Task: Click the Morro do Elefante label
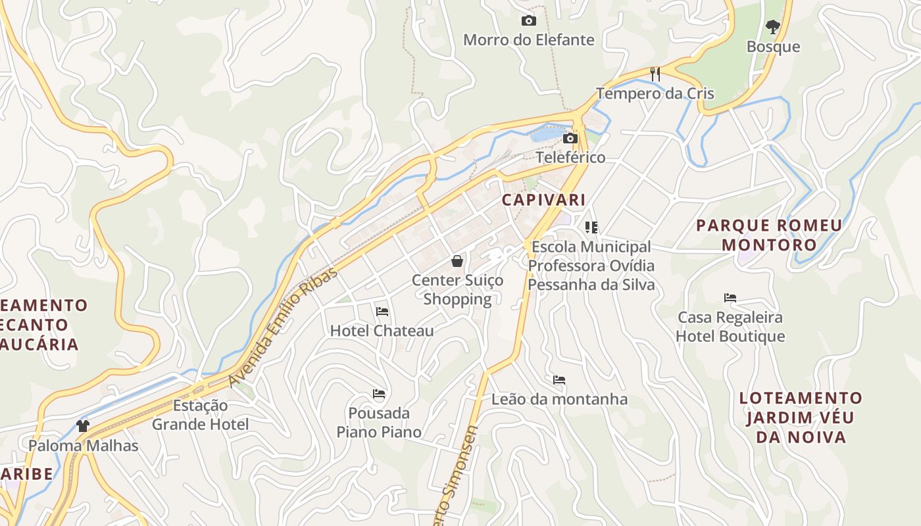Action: click(x=528, y=40)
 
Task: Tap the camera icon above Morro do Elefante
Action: click(x=528, y=21)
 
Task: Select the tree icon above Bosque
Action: click(x=773, y=27)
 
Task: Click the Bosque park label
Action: click(x=773, y=47)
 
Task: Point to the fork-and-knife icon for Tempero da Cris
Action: click(x=655, y=74)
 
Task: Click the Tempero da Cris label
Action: click(x=655, y=93)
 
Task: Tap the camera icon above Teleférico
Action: click(x=570, y=138)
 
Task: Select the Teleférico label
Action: click(x=570, y=158)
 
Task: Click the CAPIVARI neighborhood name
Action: click(x=543, y=199)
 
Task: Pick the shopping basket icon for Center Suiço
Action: click(x=457, y=261)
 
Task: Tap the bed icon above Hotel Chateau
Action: click(x=382, y=311)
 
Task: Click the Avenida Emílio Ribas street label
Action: click(x=283, y=327)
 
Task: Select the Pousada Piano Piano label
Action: click(x=379, y=423)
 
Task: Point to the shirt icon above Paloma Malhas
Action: click(x=83, y=425)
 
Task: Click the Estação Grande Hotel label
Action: click(x=200, y=415)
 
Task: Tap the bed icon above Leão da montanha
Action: click(x=559, y=380)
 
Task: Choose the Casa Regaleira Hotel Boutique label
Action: click(x=730, y=327)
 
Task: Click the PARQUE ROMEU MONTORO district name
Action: click(x=769, y=235)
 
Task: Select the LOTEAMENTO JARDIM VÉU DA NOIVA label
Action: click(x=800, y=418)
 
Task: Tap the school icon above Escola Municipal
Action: click(x=591, y=227)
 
